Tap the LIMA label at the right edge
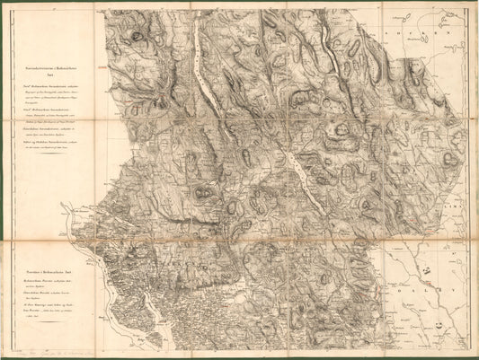(x=464, y=208)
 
